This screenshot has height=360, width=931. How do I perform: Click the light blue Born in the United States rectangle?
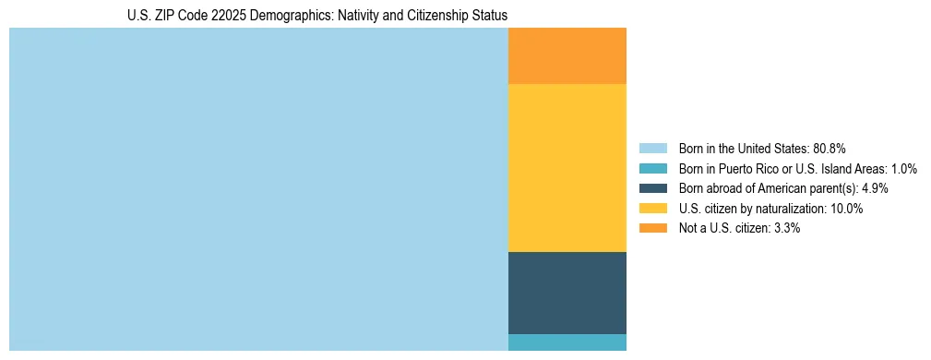pos(258,189)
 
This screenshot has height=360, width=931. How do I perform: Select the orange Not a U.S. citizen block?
pos(567,56)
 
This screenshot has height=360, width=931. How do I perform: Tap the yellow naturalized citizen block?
pos(567,168)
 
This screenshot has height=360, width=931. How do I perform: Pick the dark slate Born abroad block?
pos(567,293)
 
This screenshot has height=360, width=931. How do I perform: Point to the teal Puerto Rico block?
pos(567,342)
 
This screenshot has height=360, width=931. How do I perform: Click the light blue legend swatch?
pos(652,149)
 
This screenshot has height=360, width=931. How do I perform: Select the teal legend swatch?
pos(652,169)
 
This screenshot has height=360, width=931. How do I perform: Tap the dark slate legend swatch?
pos(652,188)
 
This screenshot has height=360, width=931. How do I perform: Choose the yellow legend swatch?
pos(652,209)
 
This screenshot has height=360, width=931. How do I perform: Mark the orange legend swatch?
pos(652,228)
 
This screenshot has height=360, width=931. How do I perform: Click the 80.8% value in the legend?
pos(830,149)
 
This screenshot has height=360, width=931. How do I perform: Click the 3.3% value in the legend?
pos(785,228)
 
